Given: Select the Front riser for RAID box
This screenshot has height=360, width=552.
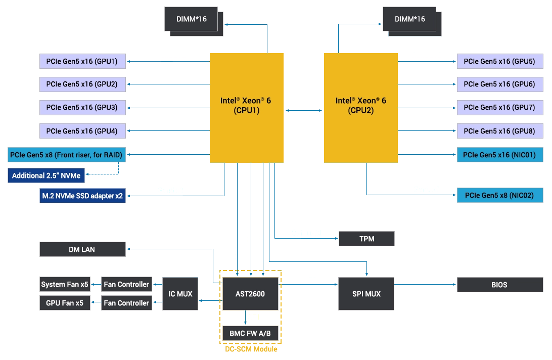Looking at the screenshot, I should point(66,155).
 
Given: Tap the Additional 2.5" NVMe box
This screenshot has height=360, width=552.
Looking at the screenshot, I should point(46,176).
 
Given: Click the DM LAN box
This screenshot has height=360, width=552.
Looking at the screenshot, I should point(82,249).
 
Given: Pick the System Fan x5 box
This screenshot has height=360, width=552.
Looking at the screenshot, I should point(65,284).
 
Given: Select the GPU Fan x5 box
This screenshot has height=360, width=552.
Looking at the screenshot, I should point(65,303).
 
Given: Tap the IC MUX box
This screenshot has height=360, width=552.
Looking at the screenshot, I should point(180,294).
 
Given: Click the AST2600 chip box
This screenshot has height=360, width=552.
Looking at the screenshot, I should point(250,294).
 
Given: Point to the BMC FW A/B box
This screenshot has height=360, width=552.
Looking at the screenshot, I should point(250,333).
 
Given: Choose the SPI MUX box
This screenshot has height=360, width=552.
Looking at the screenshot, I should point(366,294).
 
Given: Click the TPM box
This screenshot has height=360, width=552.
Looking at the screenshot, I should point(366,239).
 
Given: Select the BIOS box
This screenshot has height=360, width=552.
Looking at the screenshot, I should point(499,285).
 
